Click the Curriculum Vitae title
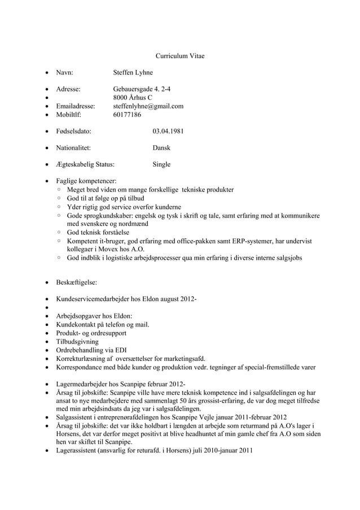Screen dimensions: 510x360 180,56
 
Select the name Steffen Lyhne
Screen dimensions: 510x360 133,73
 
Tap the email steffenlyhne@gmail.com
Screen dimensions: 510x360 148,106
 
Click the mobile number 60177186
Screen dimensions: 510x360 127,115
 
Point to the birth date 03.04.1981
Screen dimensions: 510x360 168,131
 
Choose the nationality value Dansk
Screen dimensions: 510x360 161,148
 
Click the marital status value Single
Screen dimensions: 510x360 161,164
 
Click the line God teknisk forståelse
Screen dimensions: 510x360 98,232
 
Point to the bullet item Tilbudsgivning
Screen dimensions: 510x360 77,342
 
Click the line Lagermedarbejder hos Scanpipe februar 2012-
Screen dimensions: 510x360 116,384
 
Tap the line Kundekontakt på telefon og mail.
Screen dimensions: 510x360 102,325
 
